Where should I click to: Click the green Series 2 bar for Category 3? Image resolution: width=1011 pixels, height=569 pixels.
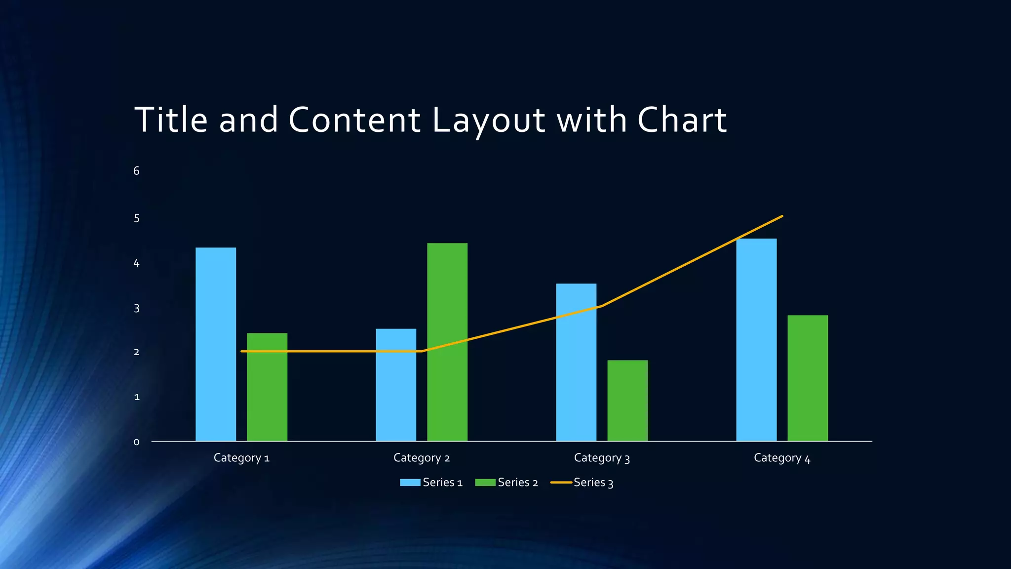(x=627, y=401)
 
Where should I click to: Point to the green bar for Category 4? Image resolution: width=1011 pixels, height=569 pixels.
(x=808, y=378)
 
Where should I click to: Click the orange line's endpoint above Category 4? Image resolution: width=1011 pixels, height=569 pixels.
(x=782, y=216)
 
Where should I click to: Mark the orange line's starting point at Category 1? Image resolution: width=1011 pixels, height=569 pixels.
(x=242, y=351)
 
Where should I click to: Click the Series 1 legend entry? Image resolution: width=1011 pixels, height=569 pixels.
(x=431, y=483)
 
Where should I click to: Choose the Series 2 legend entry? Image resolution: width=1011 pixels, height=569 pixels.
(x=506, y=483)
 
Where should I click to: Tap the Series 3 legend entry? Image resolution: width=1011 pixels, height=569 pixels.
(x=582, y=483)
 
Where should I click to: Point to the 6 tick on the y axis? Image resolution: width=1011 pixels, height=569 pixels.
(x=137, y=171)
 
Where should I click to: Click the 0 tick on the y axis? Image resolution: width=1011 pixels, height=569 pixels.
(x=137, y=442)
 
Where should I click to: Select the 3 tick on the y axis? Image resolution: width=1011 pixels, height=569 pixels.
(x=137, y=308)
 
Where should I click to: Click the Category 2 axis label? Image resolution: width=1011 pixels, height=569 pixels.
(x=422, y=458)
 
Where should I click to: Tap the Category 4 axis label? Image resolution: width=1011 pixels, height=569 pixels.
(x=782, y=458)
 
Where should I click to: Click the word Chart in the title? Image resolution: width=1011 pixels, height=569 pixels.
(x=682, y=120)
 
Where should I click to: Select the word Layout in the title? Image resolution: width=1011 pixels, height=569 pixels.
(x=489, y=120)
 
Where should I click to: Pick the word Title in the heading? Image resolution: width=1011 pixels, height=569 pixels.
(x=171, y=120)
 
